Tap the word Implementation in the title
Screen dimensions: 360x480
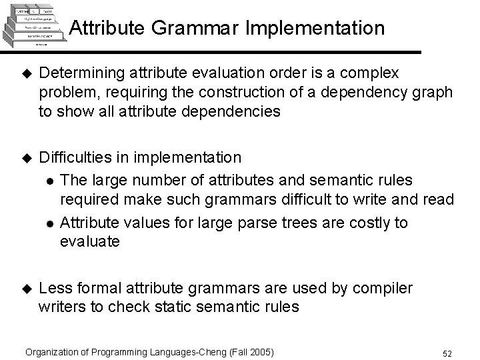coord(319,29)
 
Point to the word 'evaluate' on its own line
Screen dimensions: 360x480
coord(90,241)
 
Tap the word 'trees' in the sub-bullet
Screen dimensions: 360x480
coord(303,223)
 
